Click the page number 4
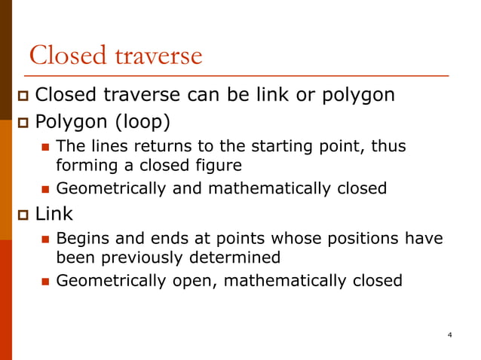point(449,334)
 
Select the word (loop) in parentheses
point(143,121)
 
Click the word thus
point(391,146)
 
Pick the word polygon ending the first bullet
point(358,96)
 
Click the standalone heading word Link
point(54,215)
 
